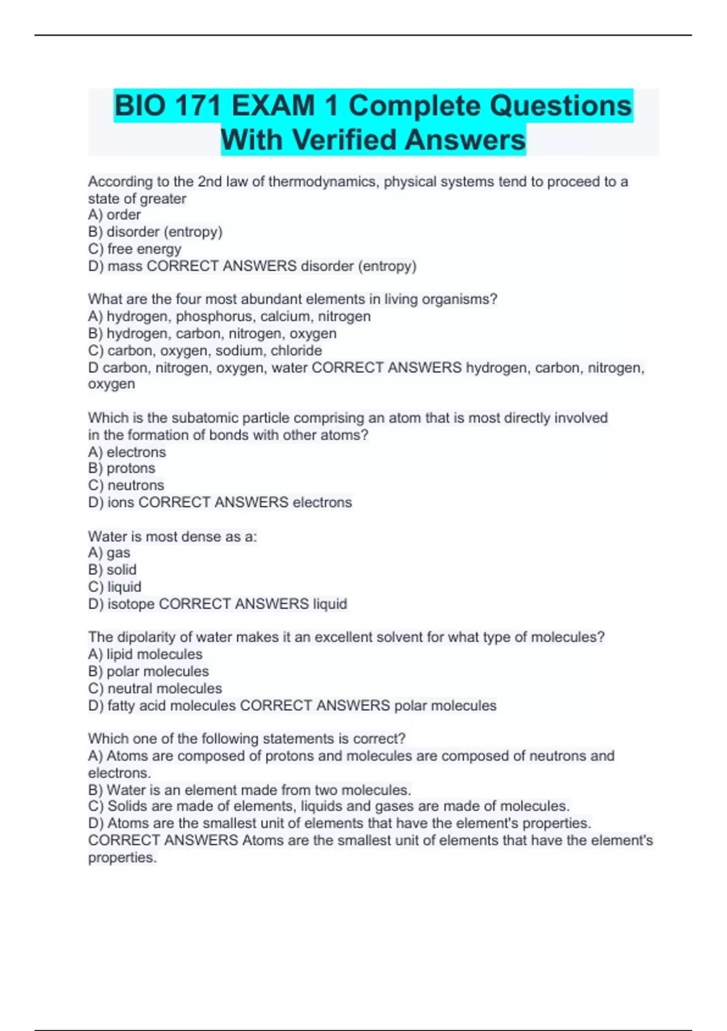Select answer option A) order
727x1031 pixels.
(x=115, y=215)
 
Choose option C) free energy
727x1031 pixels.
(x=134, y=249)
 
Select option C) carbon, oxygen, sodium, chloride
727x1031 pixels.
(x=205, y=350)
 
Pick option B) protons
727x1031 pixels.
(x=121, y=468)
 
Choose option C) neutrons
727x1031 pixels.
(x=126, y=485)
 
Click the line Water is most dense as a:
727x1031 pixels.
(x=172, y=536)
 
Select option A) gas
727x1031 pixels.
(x=109, y=552)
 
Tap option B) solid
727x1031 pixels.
(x=112, y=569)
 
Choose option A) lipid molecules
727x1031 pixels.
(x=145, y=654)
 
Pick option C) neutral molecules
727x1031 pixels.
(x=155, y=688)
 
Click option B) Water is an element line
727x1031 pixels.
(x=250, y=790)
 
